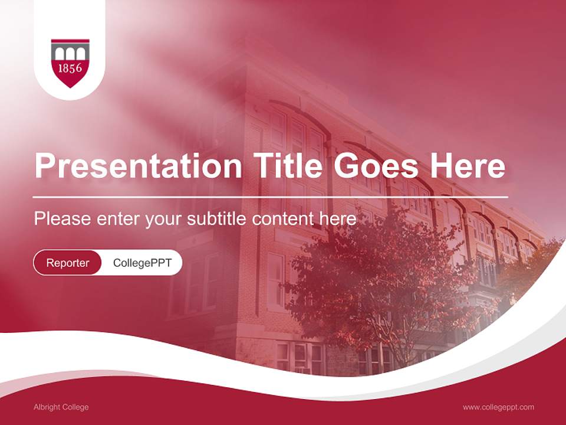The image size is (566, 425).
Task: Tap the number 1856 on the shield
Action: (x=70, y=68)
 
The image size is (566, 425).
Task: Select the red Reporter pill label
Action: (x=68, y=263)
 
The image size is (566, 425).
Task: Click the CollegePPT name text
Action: (x=142, y=263)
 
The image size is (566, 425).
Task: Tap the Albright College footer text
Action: (x=61, y=407)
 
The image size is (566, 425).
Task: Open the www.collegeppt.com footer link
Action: (x=498, y=407)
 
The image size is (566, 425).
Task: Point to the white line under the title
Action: (x=271, y=197)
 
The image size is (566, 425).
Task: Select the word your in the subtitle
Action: (x=164, y=219)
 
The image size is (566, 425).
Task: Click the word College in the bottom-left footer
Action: (x=75, y=407)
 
